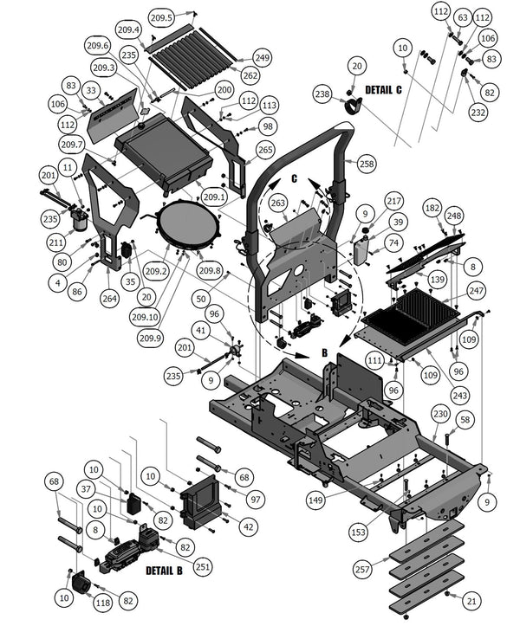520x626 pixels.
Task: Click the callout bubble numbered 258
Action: click(x=366, y=164)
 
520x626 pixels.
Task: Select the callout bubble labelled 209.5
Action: click(x=161, y=17)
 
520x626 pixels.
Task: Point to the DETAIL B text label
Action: click(x=163, y=571)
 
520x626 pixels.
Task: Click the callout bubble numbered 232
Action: click(x=478, y=112)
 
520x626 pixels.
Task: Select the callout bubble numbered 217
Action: click(x=394, y=201)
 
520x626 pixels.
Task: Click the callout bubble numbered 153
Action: click(x=357, y=532)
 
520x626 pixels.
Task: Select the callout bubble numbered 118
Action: click(x=103, y=602)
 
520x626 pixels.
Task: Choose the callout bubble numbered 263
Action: click(x=278, y=203)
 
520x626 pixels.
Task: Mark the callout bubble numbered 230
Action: click(x=441, y=414)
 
